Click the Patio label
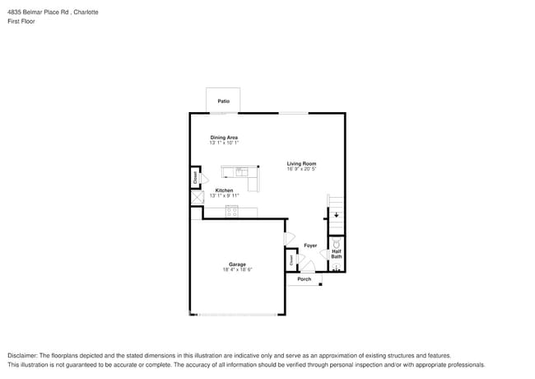[223, 101]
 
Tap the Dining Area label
[224, 137]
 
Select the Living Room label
[301, 163]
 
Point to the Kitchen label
[224, 190]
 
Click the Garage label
[237, 264]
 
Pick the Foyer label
[310, 246]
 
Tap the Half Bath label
[337, 254]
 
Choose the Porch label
[305, 278]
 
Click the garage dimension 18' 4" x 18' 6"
[237, 270]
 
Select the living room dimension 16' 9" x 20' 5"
[301, 169]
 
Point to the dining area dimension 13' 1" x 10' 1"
[224, 143]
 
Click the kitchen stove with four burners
[232, 212]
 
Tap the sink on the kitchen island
[241, 172]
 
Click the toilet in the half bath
[337, 244]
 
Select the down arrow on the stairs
[336, 215]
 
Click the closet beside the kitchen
[196, 177]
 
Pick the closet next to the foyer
[291, 260]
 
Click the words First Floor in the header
[21, 21]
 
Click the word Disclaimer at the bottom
[23, 354]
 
